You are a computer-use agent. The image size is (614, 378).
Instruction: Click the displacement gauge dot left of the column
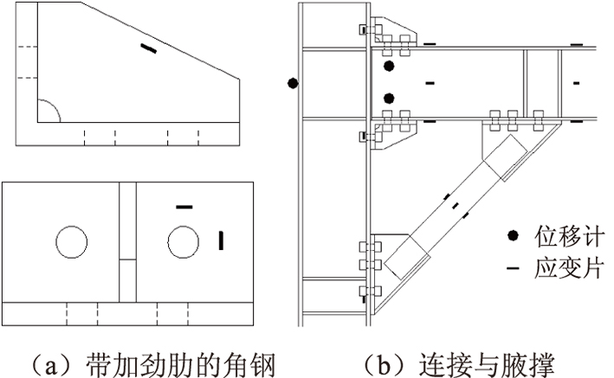[x=293, y=84]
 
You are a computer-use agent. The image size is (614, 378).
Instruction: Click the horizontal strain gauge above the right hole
[x=183, y=207]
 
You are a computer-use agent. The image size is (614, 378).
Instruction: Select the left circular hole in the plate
[x=69, y=241]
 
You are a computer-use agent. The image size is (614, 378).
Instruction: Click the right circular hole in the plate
[x=183, y=241]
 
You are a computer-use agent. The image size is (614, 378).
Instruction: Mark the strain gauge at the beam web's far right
[x=576, y=82]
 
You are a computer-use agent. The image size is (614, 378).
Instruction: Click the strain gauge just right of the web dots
[x=429, y=82]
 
